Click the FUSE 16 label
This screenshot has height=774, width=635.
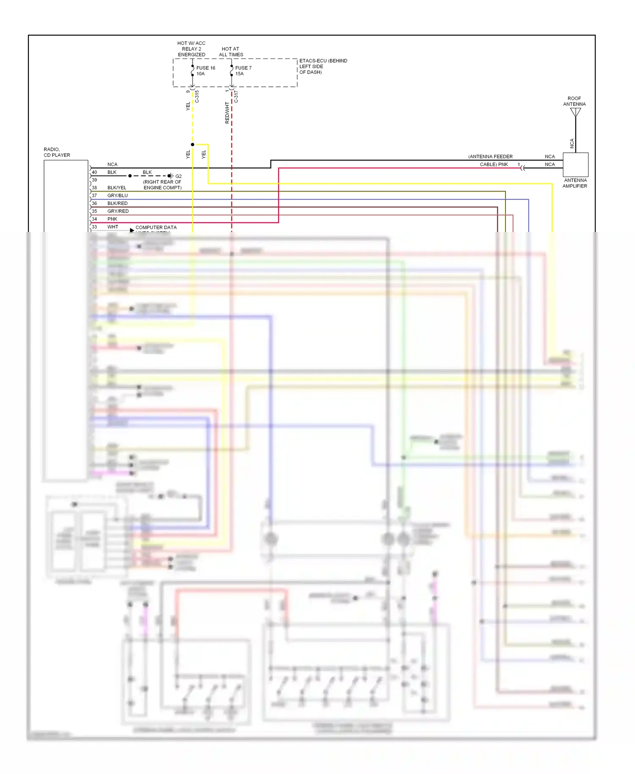tap(205, 68)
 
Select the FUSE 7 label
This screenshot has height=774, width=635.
tap(243, 68)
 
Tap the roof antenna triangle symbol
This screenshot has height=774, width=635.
tap(575, 112)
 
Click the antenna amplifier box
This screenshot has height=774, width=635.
tap(575, 165)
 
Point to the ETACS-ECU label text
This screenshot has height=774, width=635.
tap(323, 61)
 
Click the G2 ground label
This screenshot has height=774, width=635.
tap(179, 176)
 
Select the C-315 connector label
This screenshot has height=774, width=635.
tap(197, 97)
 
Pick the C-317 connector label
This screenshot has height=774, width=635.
tap(236, 97)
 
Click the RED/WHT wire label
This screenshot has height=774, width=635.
tap(227, 113)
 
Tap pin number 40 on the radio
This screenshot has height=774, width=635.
tap(94, 172)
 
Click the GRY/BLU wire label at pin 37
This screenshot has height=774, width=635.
tap(117, 196)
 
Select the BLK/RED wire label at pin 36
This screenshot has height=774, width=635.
tap(117, 203)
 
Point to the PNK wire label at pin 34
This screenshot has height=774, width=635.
tap(112, 219)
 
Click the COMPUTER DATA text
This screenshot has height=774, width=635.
tap(156, 227)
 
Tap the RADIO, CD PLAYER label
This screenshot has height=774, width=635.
tap(57, 152)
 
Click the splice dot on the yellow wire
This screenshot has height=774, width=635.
tap(193, 144)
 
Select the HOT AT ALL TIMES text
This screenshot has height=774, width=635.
tap(231, 52)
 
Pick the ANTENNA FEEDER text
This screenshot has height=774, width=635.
tap(490, 157)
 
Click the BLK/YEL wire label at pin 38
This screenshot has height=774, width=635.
tap(117, 188)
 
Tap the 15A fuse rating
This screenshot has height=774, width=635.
tap(239, 74)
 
